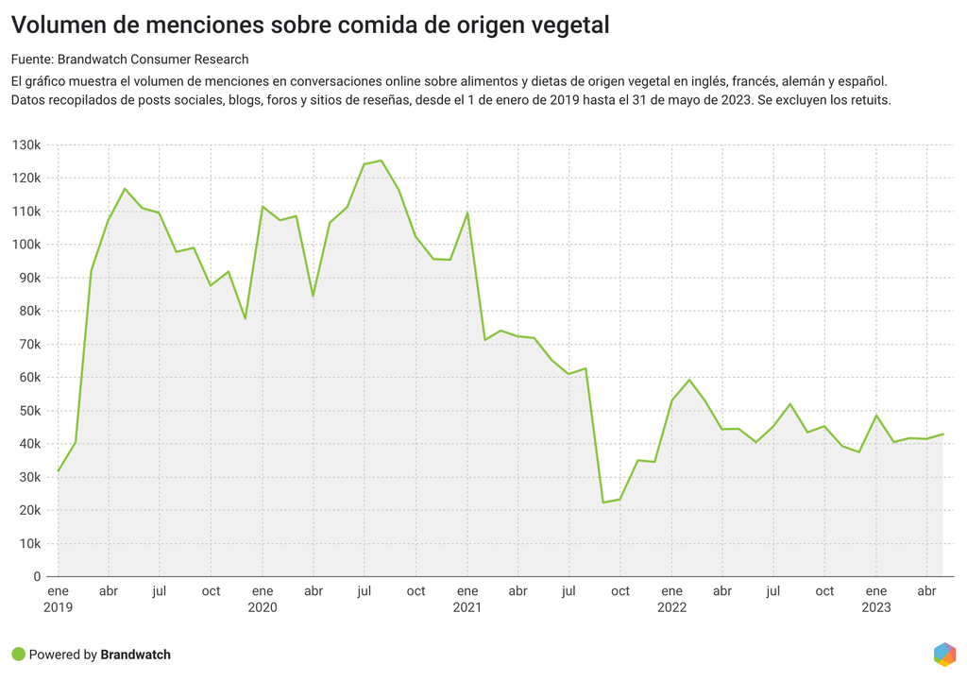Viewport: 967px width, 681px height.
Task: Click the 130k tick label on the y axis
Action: point(25,145)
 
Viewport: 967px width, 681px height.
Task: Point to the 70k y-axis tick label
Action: point(28,345)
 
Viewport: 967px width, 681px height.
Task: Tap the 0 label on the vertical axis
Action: point(37,577)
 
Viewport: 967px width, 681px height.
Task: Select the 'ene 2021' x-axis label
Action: point(467,599)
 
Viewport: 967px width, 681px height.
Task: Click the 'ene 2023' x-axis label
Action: point(875,599)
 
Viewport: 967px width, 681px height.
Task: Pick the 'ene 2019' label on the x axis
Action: point(58,599)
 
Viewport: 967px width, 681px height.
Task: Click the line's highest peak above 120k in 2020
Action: point(382,161)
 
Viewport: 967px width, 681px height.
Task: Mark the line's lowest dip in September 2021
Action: point(603,502)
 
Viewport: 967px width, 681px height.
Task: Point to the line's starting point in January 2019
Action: point(59,470)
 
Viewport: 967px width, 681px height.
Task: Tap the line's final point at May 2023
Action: point(943,434)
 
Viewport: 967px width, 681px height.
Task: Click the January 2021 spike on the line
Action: point(467,213)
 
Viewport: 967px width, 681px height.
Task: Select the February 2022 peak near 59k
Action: point(689,380)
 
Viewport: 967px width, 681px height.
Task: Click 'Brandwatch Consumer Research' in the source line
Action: point(153,60)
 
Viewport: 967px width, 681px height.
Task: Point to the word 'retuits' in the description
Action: point(868,100)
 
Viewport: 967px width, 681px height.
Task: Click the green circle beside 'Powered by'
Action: point(18,654)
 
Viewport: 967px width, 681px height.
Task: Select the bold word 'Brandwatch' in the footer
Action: point(135,655)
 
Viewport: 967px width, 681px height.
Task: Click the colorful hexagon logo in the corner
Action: point(943,654)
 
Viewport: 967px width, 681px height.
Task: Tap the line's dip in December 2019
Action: point(246,318)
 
